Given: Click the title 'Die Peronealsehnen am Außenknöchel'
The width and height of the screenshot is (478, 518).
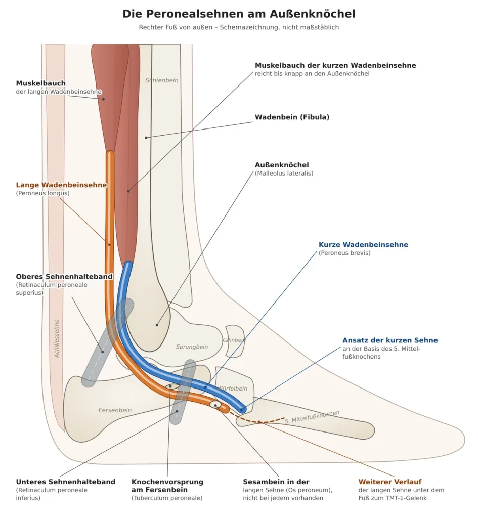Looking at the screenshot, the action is point(239,14).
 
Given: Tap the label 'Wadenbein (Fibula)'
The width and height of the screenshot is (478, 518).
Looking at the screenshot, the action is point(292,117).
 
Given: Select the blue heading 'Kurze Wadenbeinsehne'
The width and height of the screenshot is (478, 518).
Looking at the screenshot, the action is point(363,245).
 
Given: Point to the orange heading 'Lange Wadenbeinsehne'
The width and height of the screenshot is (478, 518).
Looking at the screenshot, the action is point(61,185).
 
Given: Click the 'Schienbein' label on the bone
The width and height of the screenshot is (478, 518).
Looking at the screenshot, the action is point(161,80).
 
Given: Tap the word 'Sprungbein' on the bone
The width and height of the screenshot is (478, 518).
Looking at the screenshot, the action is point(192,347).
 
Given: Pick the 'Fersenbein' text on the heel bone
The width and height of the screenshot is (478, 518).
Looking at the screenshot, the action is point(115,410).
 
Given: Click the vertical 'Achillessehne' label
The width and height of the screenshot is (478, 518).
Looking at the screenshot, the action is point(57,338).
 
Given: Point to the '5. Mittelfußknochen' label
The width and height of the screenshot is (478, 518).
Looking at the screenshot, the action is point(312,417).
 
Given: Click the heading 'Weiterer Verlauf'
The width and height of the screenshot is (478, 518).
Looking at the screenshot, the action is point(390,482).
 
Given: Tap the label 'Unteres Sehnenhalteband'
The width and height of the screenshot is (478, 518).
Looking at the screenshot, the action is point(66,482).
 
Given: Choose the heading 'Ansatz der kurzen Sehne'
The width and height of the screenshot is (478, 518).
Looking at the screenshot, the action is point(390,340).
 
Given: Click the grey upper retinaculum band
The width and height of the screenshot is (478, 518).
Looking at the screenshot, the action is point(108,342).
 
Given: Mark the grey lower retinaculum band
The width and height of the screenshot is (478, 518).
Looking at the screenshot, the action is point(183,392).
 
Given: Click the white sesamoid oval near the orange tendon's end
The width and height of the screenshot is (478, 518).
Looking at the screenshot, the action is point(215,405).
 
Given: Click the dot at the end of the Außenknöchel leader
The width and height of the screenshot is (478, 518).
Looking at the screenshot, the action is point(157,325).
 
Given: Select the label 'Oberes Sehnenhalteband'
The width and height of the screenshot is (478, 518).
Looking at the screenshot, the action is point(64,277).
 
